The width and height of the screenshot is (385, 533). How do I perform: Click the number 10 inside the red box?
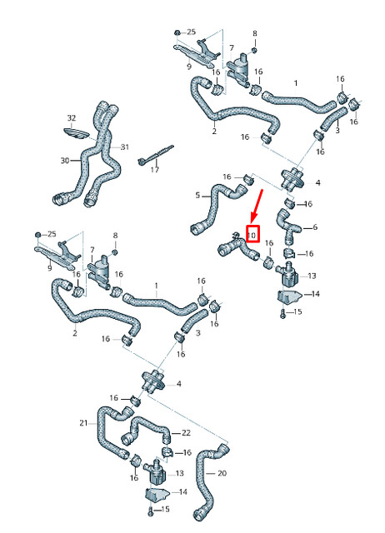(252, 236)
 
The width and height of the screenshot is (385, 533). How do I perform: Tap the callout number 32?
(71, 118)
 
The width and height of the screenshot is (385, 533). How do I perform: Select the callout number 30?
(65, 160)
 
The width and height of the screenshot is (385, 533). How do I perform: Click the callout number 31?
(125, 147)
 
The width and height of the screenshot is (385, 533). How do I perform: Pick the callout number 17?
(155, 170)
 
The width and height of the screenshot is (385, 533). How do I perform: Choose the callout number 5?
(198, 196)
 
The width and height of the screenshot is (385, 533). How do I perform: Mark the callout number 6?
(314, 227)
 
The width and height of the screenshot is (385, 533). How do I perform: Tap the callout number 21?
(83, 424)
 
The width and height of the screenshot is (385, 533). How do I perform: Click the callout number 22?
(186, 432)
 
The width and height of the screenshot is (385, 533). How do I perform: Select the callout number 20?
(222, 473)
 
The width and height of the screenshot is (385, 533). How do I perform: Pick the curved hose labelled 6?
(292, 222)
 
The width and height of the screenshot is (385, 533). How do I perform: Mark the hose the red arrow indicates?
(234, 247)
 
